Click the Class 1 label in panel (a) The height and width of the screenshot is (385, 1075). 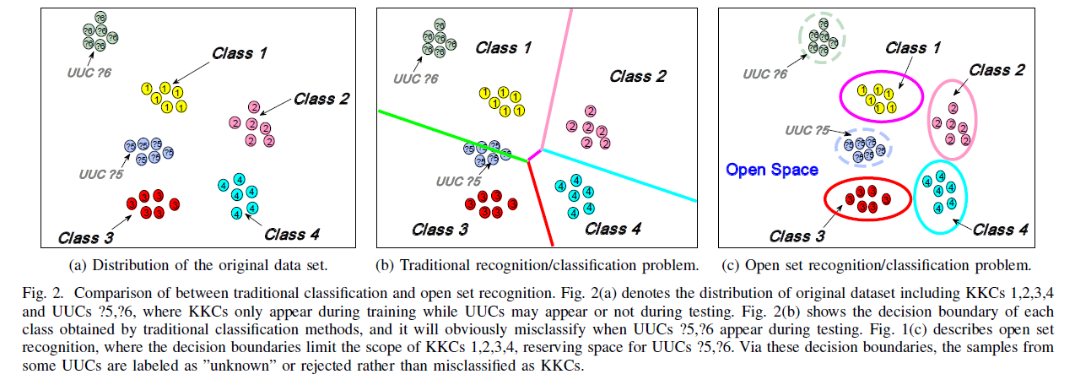[240, 55]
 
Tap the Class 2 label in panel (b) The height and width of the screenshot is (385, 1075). [637, 76]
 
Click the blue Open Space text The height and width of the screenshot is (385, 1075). [772, 170]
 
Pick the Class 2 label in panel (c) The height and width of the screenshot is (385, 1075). [997, 70]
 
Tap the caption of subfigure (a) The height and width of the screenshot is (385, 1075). [197, 265]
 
